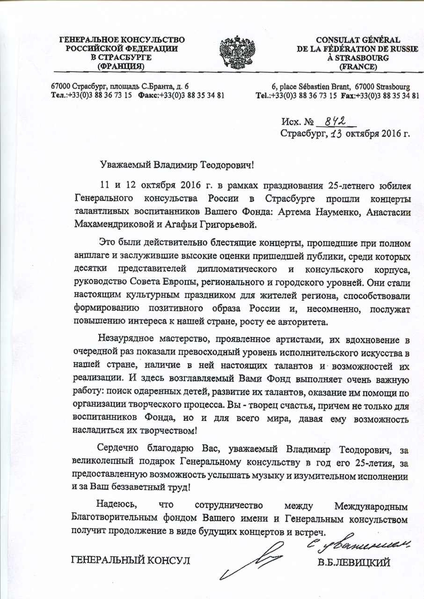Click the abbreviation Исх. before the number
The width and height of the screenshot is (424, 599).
pos(291,123)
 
